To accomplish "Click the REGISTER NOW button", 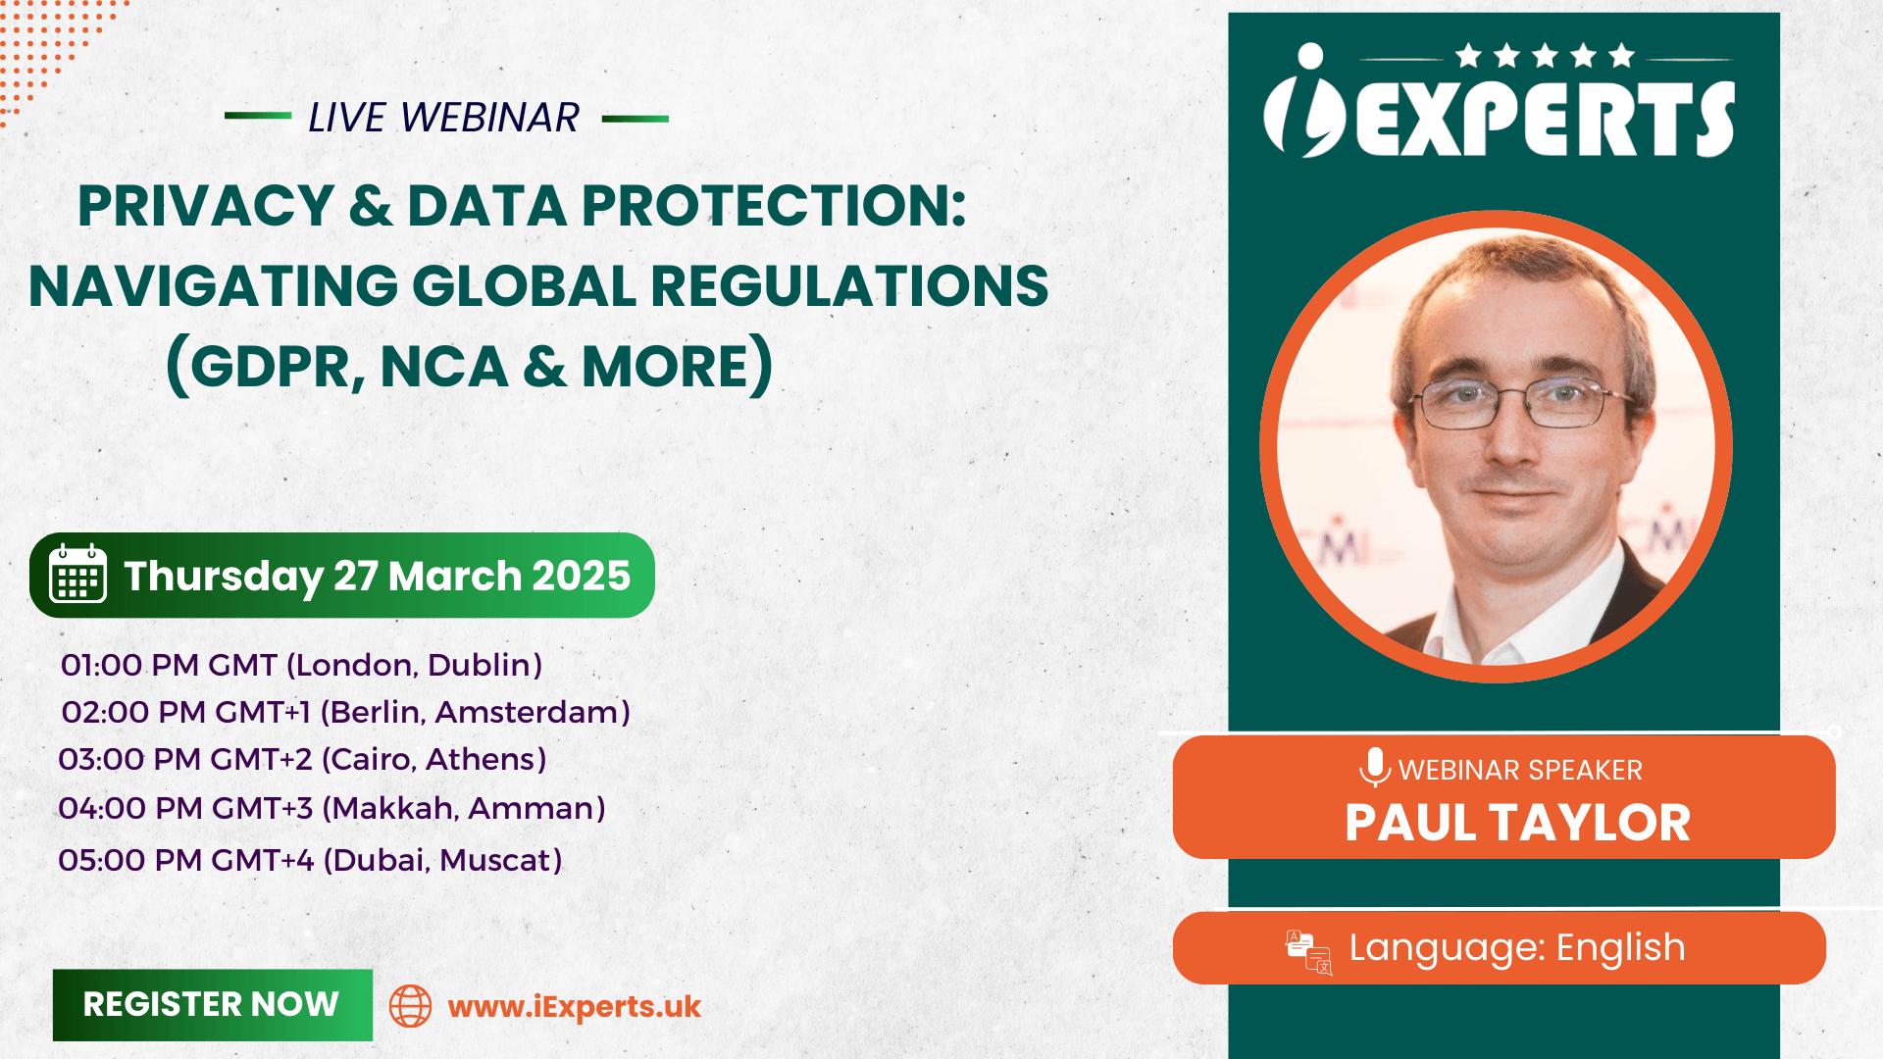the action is coord(213,1005).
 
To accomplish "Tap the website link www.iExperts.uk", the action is coord(575,1007).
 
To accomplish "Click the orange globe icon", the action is coord(410,1006).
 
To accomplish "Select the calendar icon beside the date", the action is coord(77,574).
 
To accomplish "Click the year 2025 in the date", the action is coord(581,576).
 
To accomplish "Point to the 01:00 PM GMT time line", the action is coord(301,665).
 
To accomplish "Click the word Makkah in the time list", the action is coord(391,808).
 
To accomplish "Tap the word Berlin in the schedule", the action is coord(376,712).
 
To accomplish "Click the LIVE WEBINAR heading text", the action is coord(443,118).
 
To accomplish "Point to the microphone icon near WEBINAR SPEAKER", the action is coord(1375,767).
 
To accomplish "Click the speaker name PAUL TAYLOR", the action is coord(1517,823).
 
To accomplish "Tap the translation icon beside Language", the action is coord(1308,952).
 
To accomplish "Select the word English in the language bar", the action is coord(1620,948).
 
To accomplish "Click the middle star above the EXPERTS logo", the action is coord(1546,55).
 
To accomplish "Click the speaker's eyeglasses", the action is coord(1518,403).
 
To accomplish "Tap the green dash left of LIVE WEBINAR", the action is coord(258,116).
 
